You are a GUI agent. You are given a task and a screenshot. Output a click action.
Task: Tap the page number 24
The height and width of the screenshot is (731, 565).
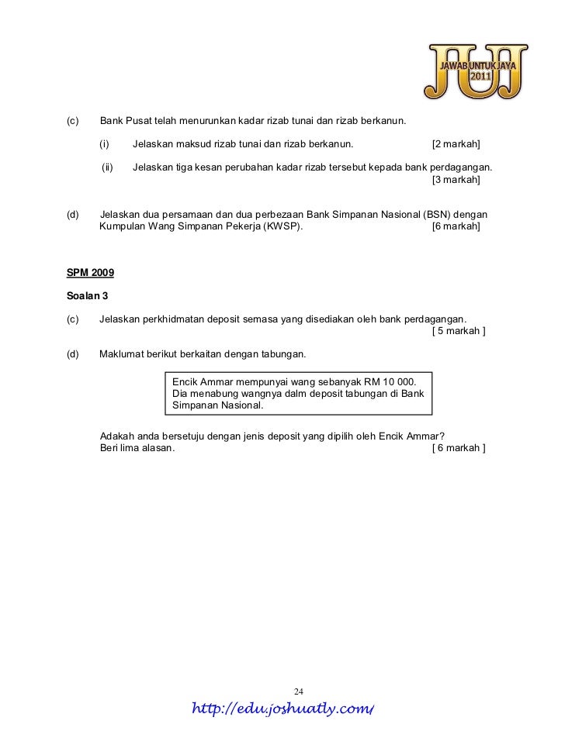pos(299,691)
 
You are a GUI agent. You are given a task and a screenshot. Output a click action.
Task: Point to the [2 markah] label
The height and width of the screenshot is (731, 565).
pos(456,144)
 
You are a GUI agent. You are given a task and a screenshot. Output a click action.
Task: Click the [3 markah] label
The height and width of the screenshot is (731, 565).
pos(456,180)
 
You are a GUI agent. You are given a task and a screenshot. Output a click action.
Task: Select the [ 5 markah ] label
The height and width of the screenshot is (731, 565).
pos(458,332)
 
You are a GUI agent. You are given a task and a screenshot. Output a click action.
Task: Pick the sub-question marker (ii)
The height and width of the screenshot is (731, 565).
pos(108,167)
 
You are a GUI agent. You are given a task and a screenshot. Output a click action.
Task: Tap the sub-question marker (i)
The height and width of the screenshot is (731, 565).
pos(105,144)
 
